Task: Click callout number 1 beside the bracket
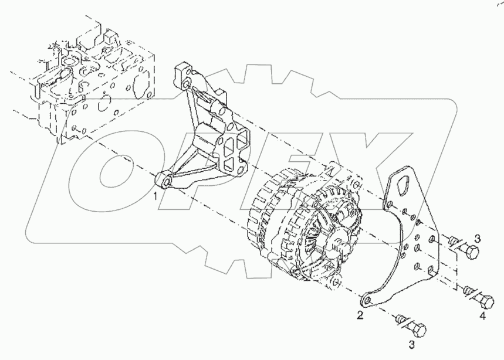155,196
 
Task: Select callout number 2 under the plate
360,315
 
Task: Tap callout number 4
482,316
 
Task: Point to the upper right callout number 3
478,239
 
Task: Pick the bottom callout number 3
412,345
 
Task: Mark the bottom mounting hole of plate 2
368,301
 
